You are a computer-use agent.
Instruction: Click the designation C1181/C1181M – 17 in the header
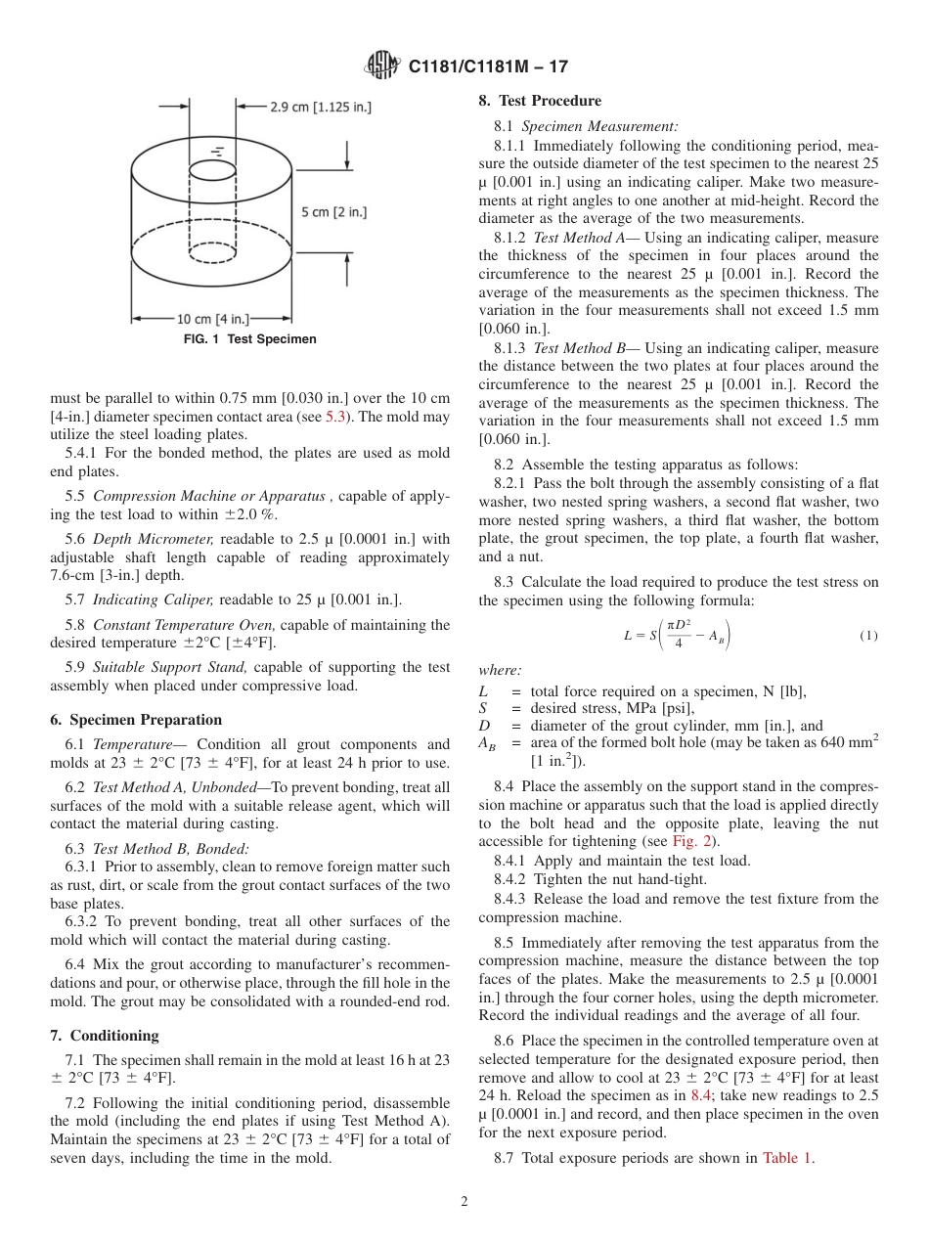[x=487, y=67]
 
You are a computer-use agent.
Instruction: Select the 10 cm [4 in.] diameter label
[x=211, y=319]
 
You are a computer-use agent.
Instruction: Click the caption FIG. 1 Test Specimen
[x=249, y=339]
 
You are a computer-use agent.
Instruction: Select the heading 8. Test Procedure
[x=540, y=101]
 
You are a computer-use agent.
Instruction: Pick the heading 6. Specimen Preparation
[x=136, y=720]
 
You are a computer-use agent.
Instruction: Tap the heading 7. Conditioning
[x=104, y=1036]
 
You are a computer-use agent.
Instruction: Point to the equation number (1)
[x=868, y=635]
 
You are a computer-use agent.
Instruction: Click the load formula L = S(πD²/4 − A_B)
[x=676, y=635]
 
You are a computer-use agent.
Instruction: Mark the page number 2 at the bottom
[x=464, y=1202]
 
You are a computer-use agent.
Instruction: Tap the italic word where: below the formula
[x=500, y=670]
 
